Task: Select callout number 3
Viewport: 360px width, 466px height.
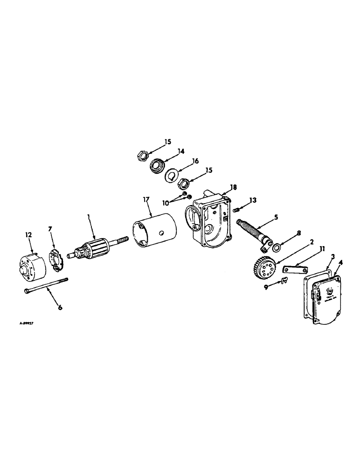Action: coord(332,257)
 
